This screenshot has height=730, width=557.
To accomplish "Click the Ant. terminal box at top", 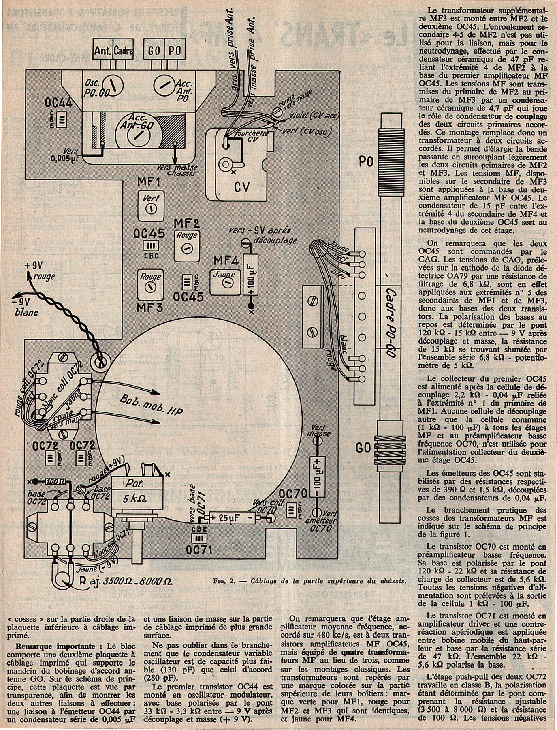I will (103, 52).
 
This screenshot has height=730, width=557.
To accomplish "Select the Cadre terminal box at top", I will (123, 52).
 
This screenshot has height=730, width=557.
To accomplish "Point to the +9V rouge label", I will (40, 271).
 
